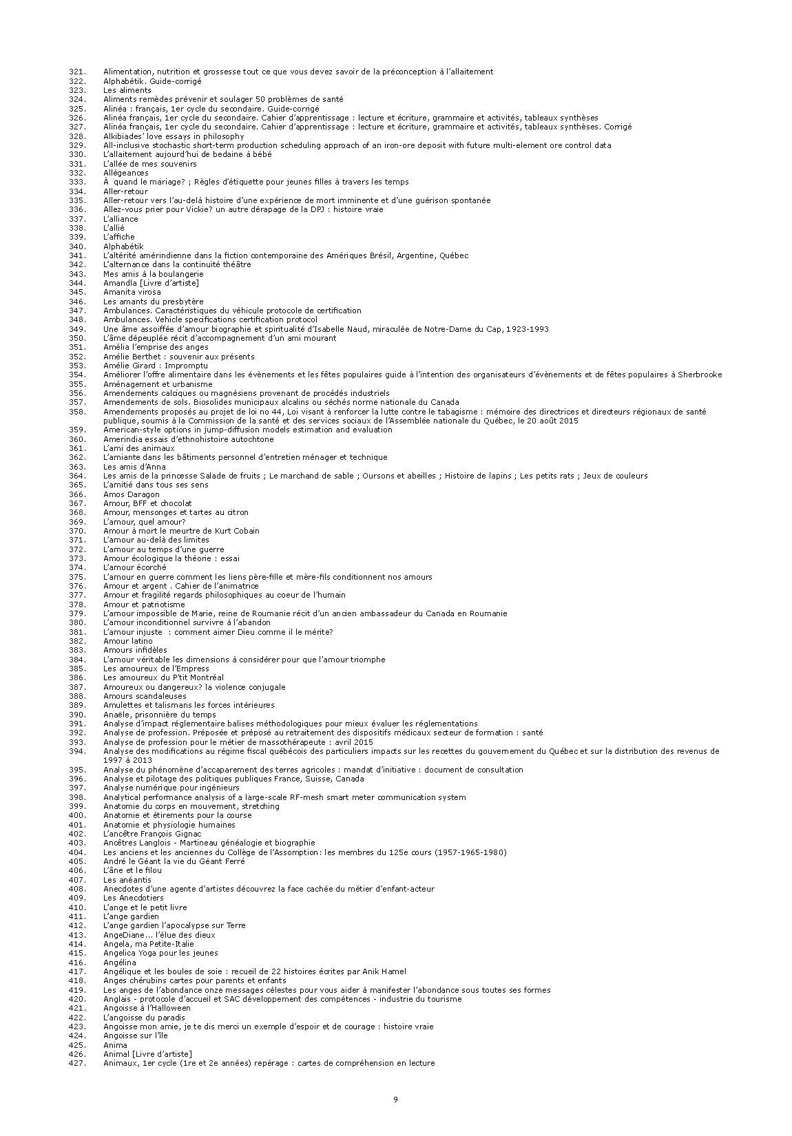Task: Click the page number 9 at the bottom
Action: point(395,1099)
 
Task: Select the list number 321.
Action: point(77,72)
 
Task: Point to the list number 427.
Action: point(77,1063)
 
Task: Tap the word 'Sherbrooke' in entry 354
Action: point(700,375)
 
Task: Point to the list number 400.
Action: point(77,815)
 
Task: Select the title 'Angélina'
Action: point(120,963)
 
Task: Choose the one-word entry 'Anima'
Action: point(115,1045)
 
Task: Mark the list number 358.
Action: point(77,412)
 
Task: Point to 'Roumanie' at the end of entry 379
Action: point(489,613)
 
